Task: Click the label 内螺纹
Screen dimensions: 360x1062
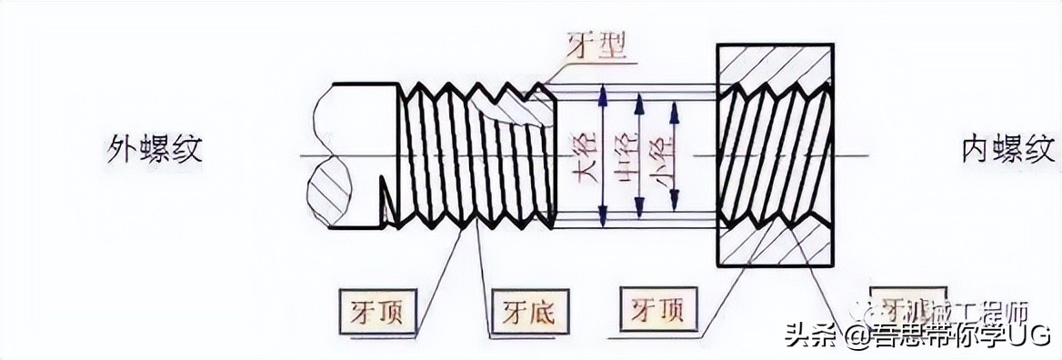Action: (1008, 148)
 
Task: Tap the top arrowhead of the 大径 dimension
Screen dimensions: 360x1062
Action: (602, 91)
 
